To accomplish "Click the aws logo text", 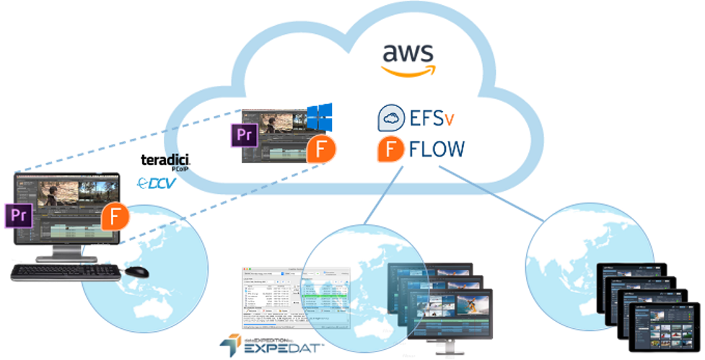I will click(408, 53).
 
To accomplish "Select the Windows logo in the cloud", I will click(319, 118).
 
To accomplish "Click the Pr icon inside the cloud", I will click(240, 135).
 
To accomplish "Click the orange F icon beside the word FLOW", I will click(390, 149).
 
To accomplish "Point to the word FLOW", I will click(437, 149).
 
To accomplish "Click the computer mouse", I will click(136, 271).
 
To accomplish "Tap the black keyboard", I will click(64, 271).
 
